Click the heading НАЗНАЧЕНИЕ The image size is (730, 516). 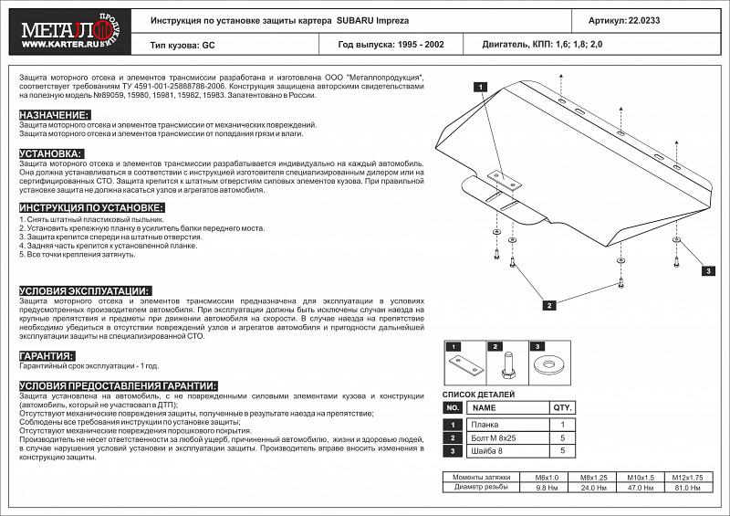55,114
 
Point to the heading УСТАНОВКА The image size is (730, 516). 51,153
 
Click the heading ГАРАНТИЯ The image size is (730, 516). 47,355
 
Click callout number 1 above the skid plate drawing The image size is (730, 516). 477,87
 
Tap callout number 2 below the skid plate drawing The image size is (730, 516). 549,305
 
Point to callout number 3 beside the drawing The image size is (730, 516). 706,271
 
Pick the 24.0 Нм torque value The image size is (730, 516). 594,486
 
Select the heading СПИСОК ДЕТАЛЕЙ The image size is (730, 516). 478,394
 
